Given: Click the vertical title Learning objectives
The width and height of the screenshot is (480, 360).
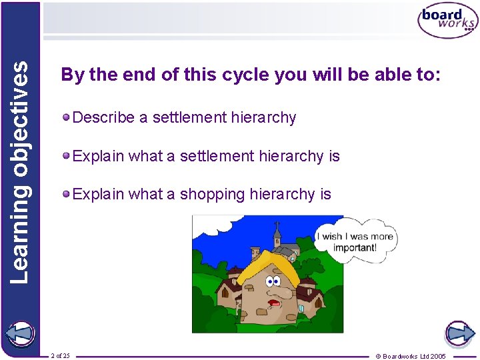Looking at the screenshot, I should tap(21, 171).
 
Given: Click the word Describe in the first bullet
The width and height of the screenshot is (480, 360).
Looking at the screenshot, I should tap(103, 118).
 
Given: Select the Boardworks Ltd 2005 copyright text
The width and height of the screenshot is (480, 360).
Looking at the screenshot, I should tap(411, 355).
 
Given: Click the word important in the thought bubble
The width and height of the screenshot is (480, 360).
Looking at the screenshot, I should tap(355, 247).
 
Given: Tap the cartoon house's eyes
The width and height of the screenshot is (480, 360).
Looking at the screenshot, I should tap(273, 282).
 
